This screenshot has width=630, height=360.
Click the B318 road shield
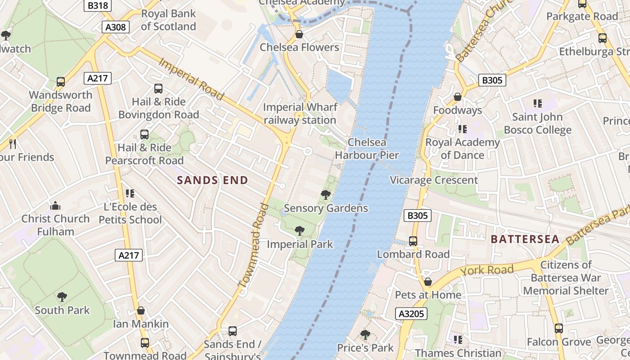(98, 5)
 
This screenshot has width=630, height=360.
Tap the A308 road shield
(116, 27)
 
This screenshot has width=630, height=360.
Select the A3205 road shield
(411, 314)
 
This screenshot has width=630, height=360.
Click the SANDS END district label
(212, 180)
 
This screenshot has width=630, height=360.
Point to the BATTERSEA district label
(525, 239)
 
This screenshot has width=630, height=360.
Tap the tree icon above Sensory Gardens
(326, 195)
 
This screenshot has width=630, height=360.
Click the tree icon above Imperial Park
(300, 231)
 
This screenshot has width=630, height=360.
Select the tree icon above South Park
(62, 297)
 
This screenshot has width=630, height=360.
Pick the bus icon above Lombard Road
(413, 241)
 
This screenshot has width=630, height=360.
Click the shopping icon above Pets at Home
(428, 282)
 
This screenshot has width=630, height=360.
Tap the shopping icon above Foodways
(458, 97)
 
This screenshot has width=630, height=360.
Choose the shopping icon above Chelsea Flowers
(299, 34)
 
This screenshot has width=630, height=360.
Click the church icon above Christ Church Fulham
(56, 206)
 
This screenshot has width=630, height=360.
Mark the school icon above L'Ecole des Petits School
(130, 193)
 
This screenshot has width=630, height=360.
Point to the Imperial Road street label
(191, 79)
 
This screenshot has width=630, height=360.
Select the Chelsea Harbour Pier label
(367, 149)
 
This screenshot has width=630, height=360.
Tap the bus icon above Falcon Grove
(559, 328)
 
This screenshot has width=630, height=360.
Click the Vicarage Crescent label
(434, 180)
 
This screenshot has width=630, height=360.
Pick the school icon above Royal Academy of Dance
(462, 129)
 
